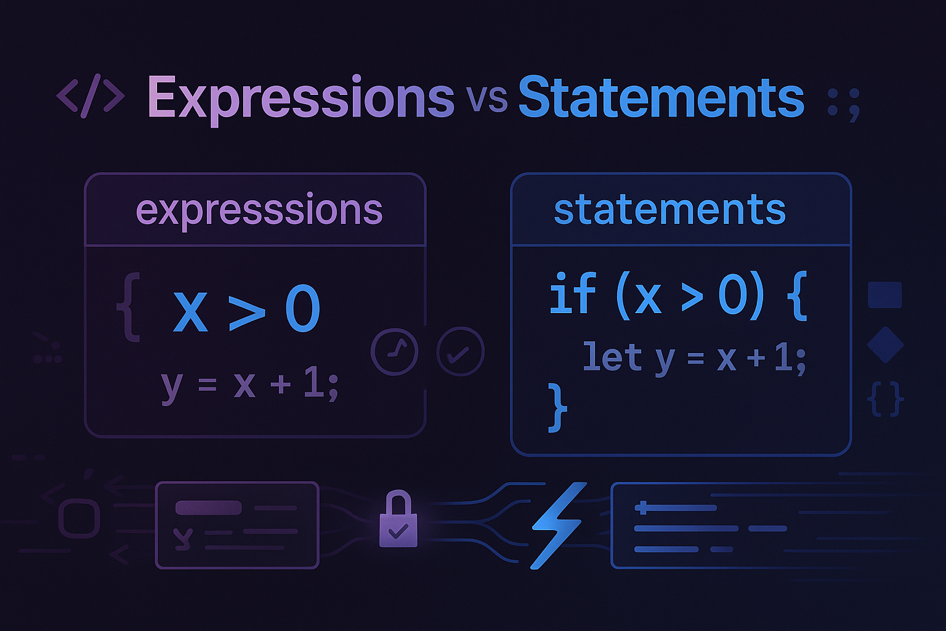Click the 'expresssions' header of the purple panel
tap(259, 210)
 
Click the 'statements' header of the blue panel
tap(669, 210)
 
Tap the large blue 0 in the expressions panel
tap(302, 309)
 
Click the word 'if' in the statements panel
tap(572, 295)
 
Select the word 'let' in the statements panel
tap(612, 357)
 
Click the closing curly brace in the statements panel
tap(557, 407)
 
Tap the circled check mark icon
tap(460, 352)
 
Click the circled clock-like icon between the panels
tap(394, 352)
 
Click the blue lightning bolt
tap(557, 524)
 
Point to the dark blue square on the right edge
tap(884, 295)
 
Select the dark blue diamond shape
tap(885, 344)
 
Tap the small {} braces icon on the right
tap(885, 399)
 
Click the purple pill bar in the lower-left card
tap(208, 508)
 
